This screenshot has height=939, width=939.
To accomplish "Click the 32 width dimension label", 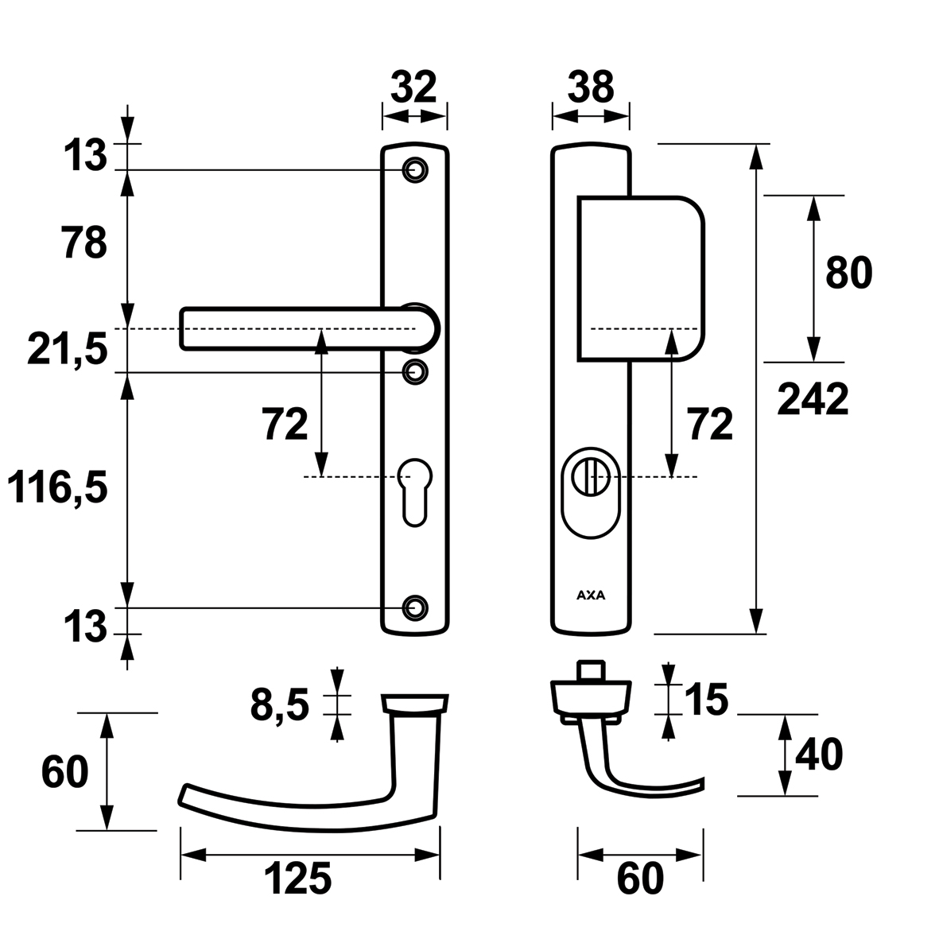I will (x=414, y=87).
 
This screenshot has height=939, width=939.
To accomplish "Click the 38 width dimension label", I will (x=591, y=87).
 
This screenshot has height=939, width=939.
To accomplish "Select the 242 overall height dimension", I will (x=813, y=400).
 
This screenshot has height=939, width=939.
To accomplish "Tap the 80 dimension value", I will (x=848, y=274).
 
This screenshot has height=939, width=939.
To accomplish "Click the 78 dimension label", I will (x=83, y=243).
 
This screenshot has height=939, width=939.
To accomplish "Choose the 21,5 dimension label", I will (x=67, y=350).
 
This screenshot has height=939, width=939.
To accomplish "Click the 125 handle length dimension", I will (x=297, y=879).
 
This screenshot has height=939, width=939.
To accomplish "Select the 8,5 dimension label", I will (x=279, y=705).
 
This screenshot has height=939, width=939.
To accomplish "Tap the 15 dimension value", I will (x=705, y=700).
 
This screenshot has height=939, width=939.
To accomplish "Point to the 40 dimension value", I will (x=817, y=755).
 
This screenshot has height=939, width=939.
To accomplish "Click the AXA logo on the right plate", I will (x=590, y=593).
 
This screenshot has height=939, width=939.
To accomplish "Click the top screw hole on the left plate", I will (x=413, y=169).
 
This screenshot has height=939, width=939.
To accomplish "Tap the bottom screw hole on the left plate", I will (x=413, y=607).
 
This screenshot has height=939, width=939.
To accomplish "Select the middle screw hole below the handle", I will (x=413, y=371).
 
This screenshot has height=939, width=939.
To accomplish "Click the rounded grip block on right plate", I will (x=641, y=277).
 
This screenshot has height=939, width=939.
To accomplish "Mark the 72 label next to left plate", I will (x=285, y=425).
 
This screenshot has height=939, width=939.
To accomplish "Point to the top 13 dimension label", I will (x=85, y=156).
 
